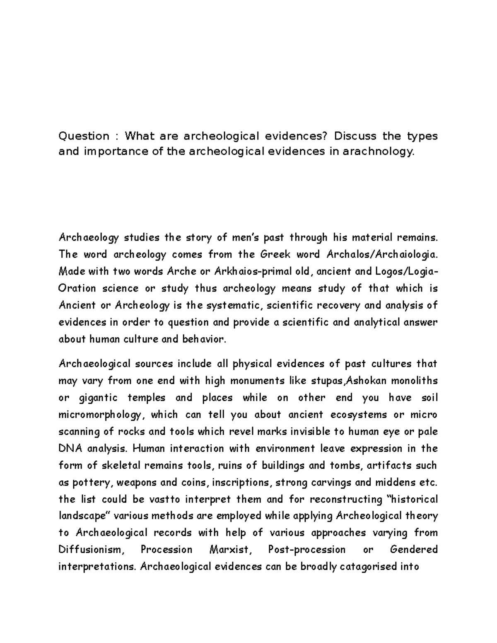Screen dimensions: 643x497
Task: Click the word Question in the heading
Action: pos(84,136)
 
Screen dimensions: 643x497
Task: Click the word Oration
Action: pos(77,288)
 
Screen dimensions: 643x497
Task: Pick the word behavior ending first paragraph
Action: pos(205,339)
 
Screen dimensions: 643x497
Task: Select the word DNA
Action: pos(69,448)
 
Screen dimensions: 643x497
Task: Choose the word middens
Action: pos(396,482)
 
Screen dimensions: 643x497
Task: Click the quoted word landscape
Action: pos(84,516)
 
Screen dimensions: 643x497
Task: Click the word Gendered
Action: pos(414,550)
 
